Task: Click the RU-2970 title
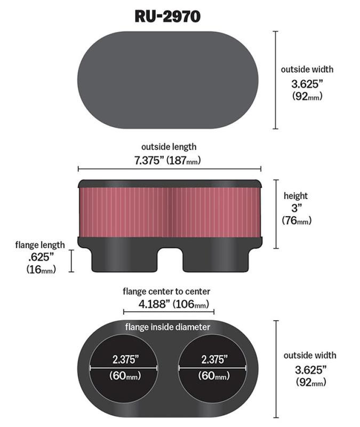coord(167,16)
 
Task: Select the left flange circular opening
coord(124,368)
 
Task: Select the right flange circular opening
coord(213,368)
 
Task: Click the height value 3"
coord(295,208)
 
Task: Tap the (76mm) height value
coord(296,220)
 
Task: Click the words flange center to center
coord(166,291)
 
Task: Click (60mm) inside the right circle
coord(213,376)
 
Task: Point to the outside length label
coord(169,147)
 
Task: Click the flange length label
coord(40,245)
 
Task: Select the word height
coord(295,196)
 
